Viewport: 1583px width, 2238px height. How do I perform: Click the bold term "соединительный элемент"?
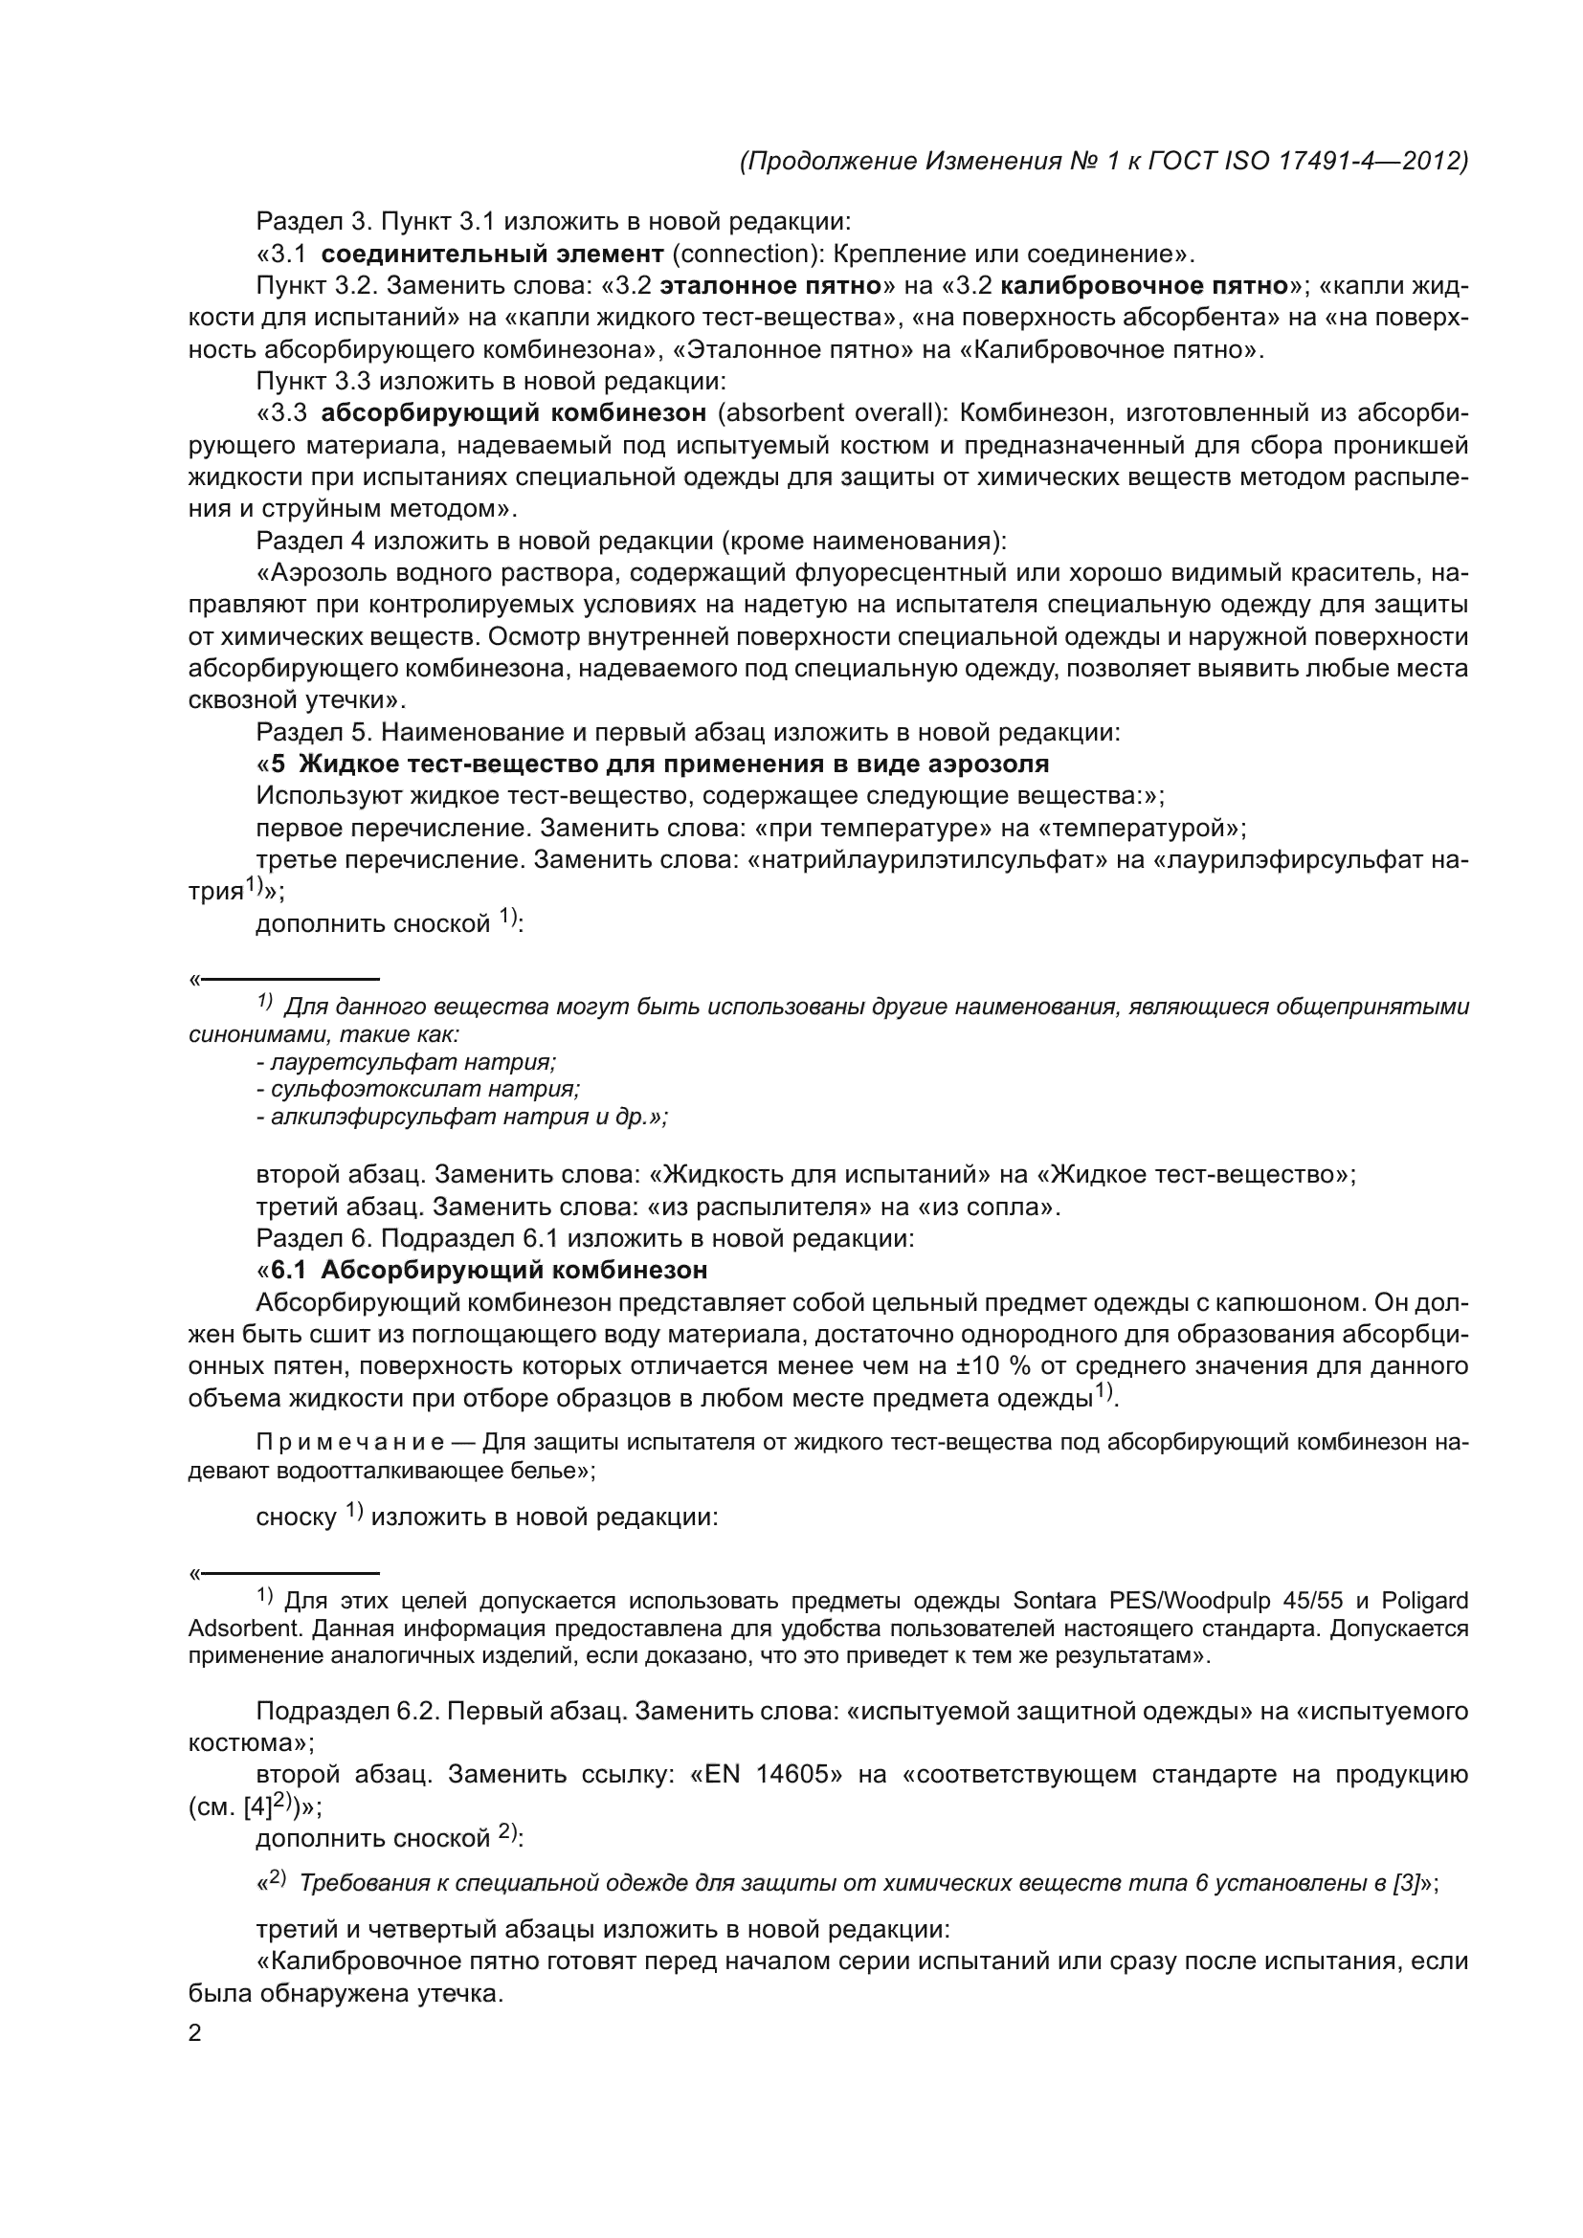(x=492, y=255)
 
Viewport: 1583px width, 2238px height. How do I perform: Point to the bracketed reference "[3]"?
(x=1407, y=1883)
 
